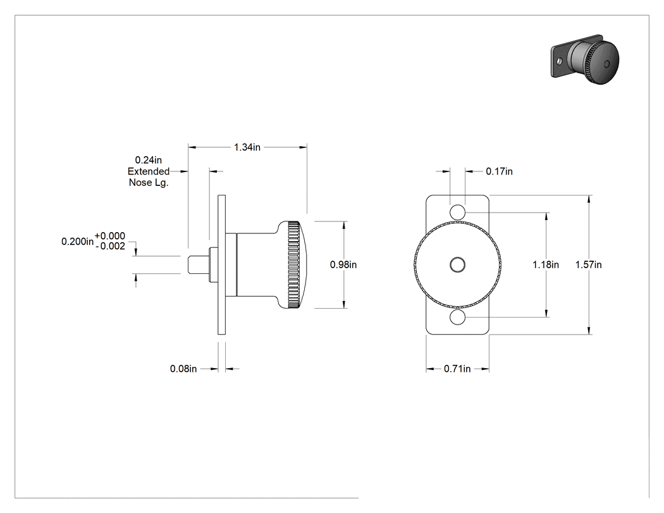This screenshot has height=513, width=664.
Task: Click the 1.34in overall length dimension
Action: tap(247, 147)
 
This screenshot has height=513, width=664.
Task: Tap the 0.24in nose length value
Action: tap(148, 159)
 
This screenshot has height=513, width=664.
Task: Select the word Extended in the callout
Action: tap(149, 171)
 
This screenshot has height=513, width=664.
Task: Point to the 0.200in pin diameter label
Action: tap(78, 242)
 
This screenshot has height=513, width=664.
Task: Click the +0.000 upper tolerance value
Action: tap(110, 236)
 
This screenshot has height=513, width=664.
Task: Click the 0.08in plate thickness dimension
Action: tap(183, 369)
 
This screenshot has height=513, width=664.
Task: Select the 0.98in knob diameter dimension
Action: tap(343, 264)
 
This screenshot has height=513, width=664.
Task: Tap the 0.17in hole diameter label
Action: tap(500, 171)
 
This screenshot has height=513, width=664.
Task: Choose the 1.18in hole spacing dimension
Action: tap(545, 264)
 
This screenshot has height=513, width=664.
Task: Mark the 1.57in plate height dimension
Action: tap(588, 264)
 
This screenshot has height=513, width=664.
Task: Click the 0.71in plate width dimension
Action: tap(457, 369)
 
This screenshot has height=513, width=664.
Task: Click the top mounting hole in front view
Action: tap(457, 212)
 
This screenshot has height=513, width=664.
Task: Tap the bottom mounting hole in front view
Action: tap(457, 318)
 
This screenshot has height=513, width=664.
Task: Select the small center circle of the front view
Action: tap(457, 265)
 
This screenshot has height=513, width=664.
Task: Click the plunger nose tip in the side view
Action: tap(188, 265)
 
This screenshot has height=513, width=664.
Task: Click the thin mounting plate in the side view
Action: tap(221, 265)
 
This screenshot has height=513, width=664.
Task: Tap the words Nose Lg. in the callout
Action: tap(149, 183)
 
